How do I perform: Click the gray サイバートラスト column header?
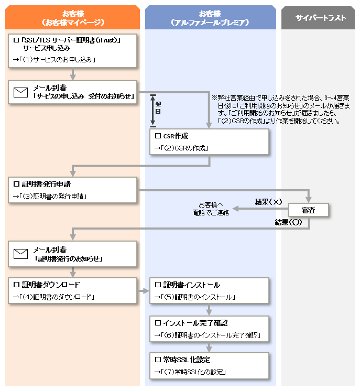(x=318, y=18)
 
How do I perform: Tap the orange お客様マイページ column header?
(x=72, y=17)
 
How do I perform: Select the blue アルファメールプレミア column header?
(x=211, y=17)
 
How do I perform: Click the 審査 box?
(x=309, y=210)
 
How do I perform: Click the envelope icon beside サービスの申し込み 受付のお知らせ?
(x=20, y=92)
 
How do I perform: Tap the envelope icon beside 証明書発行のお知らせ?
(x=20, y=254)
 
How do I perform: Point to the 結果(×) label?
(x=268, y=202)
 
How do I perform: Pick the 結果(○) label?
(x=288, y=222)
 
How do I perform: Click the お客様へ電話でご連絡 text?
(x=211, y=209)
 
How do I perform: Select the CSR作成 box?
(x=209, y=142)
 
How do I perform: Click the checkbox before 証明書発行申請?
(x=16, y=184)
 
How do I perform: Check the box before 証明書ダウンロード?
(x=16, y=285)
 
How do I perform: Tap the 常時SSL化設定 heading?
(x=187, y=360)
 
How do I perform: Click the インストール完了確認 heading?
(x=195, y=323)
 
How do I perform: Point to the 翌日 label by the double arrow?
(x=158, y=108)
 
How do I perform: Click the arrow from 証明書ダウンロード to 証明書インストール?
(x=143, y=291)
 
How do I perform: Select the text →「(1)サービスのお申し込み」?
(x=54, y=60)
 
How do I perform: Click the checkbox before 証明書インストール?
(x=158, y=285)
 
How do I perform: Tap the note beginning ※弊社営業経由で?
(x=281, y=110)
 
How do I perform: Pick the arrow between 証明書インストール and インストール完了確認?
(x=209, y=310)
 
